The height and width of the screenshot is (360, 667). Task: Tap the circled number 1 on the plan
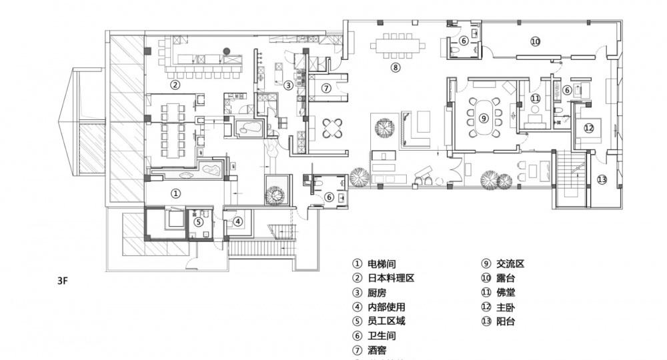[x=175, y=193]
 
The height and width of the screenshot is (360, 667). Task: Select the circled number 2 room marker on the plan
[x=174, y=85]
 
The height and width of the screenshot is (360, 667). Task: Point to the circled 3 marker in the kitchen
[x=288, y=85]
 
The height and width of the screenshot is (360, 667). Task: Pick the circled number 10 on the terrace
[x=534, y=41]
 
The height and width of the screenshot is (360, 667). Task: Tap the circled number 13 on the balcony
[x=602, y=179]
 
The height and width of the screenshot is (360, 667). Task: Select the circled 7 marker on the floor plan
[x=326, y=87]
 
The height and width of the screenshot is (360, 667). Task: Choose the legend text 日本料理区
[x=391, y=278]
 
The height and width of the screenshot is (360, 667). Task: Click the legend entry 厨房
[x=377, y=293]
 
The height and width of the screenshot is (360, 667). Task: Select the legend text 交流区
[x=510, y=263]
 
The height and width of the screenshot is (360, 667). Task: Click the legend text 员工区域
[x=386, y=321]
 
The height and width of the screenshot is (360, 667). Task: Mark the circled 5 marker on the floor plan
[x=198, y=222]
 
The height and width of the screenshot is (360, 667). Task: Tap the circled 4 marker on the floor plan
[x=237, y=221]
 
